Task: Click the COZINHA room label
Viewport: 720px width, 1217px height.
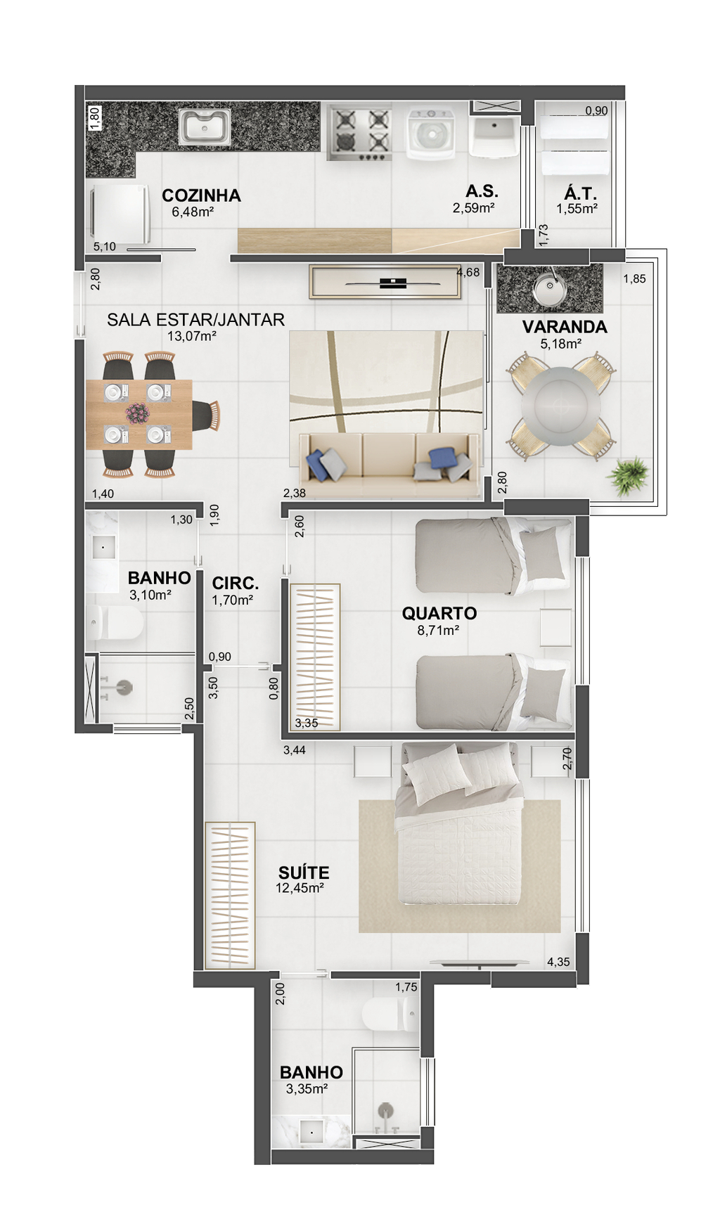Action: pos(201,195)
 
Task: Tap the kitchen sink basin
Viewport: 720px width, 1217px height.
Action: pos(204,127)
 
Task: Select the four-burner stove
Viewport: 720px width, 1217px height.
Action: pos(359,132)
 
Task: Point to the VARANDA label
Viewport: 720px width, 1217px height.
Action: pos(565,327)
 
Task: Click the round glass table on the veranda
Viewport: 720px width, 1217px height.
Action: pos(560,406)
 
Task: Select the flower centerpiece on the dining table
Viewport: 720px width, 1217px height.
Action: pos(138,413)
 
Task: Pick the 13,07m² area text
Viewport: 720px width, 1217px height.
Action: pos(191,336)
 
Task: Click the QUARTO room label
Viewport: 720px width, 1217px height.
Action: pos(439,613)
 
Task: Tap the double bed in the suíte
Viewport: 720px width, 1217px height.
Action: pos(460,824)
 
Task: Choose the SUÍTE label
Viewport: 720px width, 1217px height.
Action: pos(304,872)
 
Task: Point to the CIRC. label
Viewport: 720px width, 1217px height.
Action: pos(236,584)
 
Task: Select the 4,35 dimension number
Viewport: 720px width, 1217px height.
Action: pos(558,962)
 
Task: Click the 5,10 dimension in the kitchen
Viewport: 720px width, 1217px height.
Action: pos(105,247)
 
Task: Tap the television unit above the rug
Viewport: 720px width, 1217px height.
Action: pos(385,283)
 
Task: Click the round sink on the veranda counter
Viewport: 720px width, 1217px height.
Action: pos(549,288)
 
